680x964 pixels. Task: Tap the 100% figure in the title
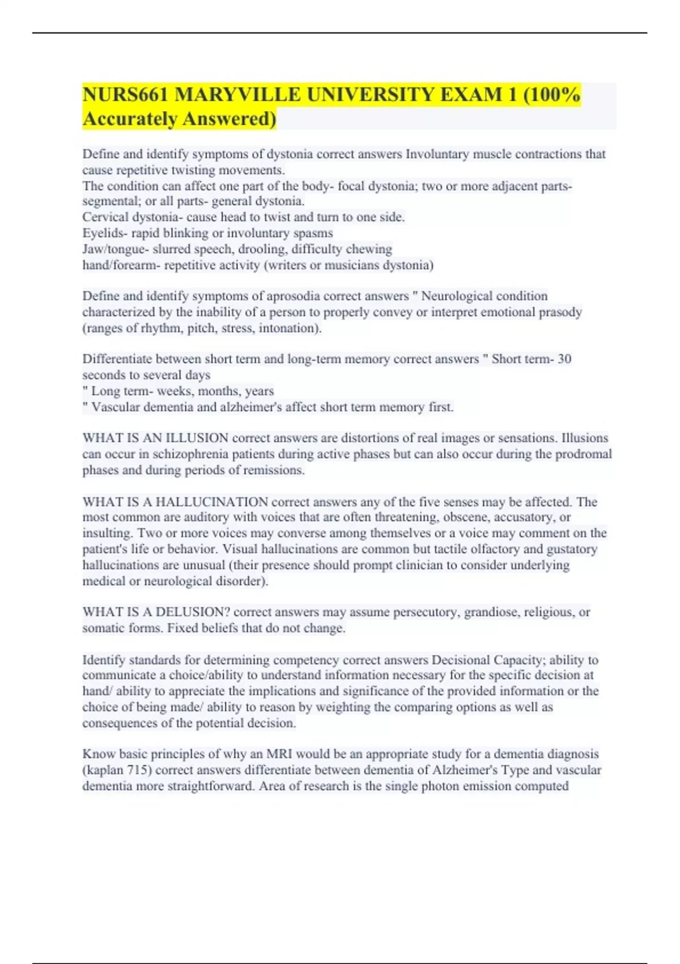pyautogui.click(x=556, y=95)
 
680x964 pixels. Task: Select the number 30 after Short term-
pyautogui.click(x=564, y=359)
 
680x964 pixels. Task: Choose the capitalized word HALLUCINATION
pyautogui.click(x=212, y=502)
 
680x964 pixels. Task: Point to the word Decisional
pyautogui.click(x=461, y=660)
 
